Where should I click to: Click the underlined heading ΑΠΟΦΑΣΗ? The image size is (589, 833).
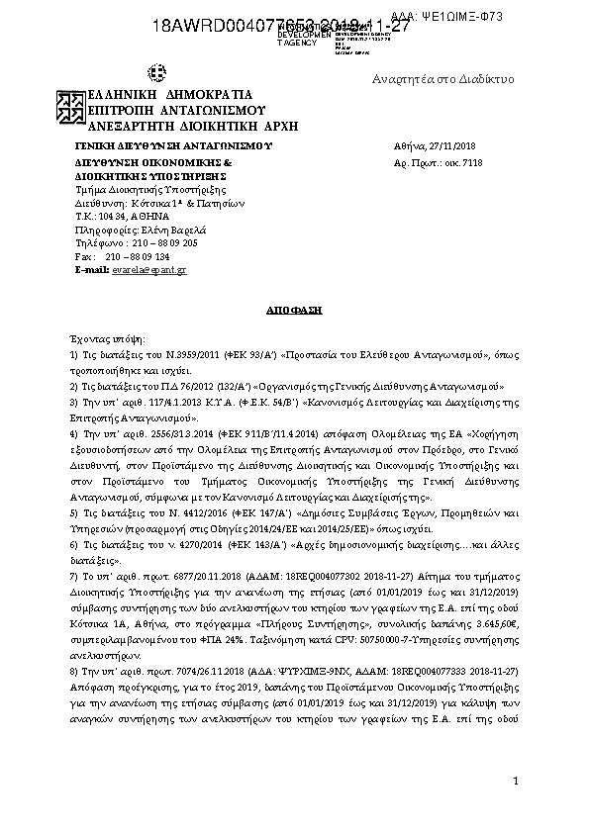pyautogui.click(x=294, y=310)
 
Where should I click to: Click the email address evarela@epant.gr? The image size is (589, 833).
pyautogui.click(x=149, y=270)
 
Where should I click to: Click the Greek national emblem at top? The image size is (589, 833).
pyautogui.click(x=156, y=72)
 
